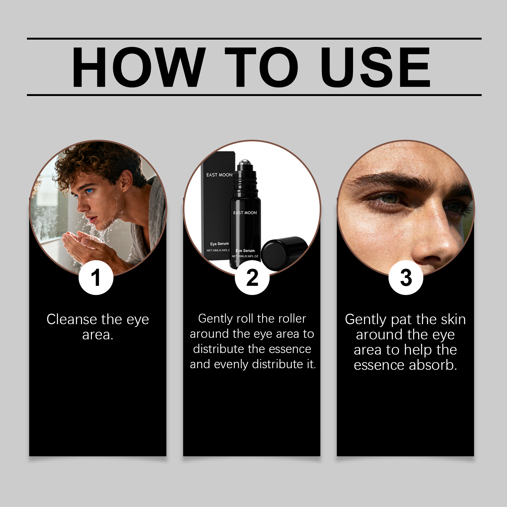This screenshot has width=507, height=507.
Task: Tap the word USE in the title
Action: point(375,67)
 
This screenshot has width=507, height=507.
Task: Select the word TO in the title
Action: point(262,67)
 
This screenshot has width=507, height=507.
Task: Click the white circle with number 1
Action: point(96,278)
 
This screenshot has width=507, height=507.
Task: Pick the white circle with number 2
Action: point(252,278)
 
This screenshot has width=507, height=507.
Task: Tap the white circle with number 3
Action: point(406,278)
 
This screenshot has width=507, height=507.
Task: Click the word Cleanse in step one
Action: point(72,319)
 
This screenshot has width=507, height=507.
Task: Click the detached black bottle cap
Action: point(283,253)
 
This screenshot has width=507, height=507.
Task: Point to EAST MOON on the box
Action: point(219,175)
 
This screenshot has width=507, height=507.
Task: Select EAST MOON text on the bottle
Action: point(245,213)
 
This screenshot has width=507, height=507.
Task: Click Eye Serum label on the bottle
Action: point(245,251)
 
